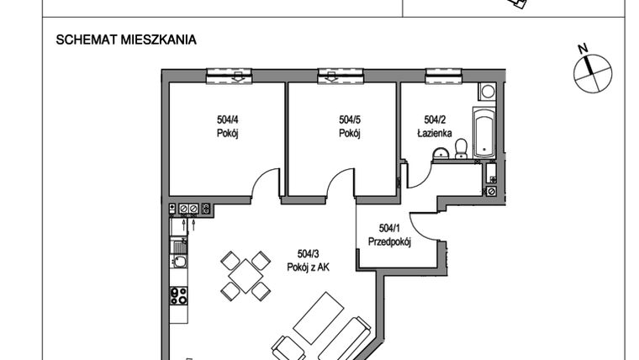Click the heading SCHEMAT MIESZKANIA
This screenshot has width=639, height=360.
(125, 40)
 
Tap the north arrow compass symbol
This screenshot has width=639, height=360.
(592, 70)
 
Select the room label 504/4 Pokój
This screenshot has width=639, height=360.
(223, 126)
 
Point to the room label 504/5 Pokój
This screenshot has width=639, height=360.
(349, 126)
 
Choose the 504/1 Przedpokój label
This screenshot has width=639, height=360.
(388, 236)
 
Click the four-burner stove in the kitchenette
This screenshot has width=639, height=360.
(178, 295)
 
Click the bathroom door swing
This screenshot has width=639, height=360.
(419, 174)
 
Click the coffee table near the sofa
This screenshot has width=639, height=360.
(318, 315)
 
